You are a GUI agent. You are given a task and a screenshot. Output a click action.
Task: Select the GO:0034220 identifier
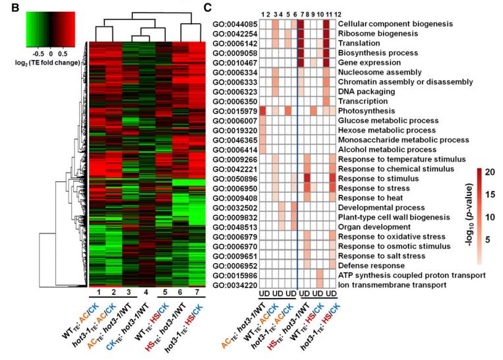click(235, 285)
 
